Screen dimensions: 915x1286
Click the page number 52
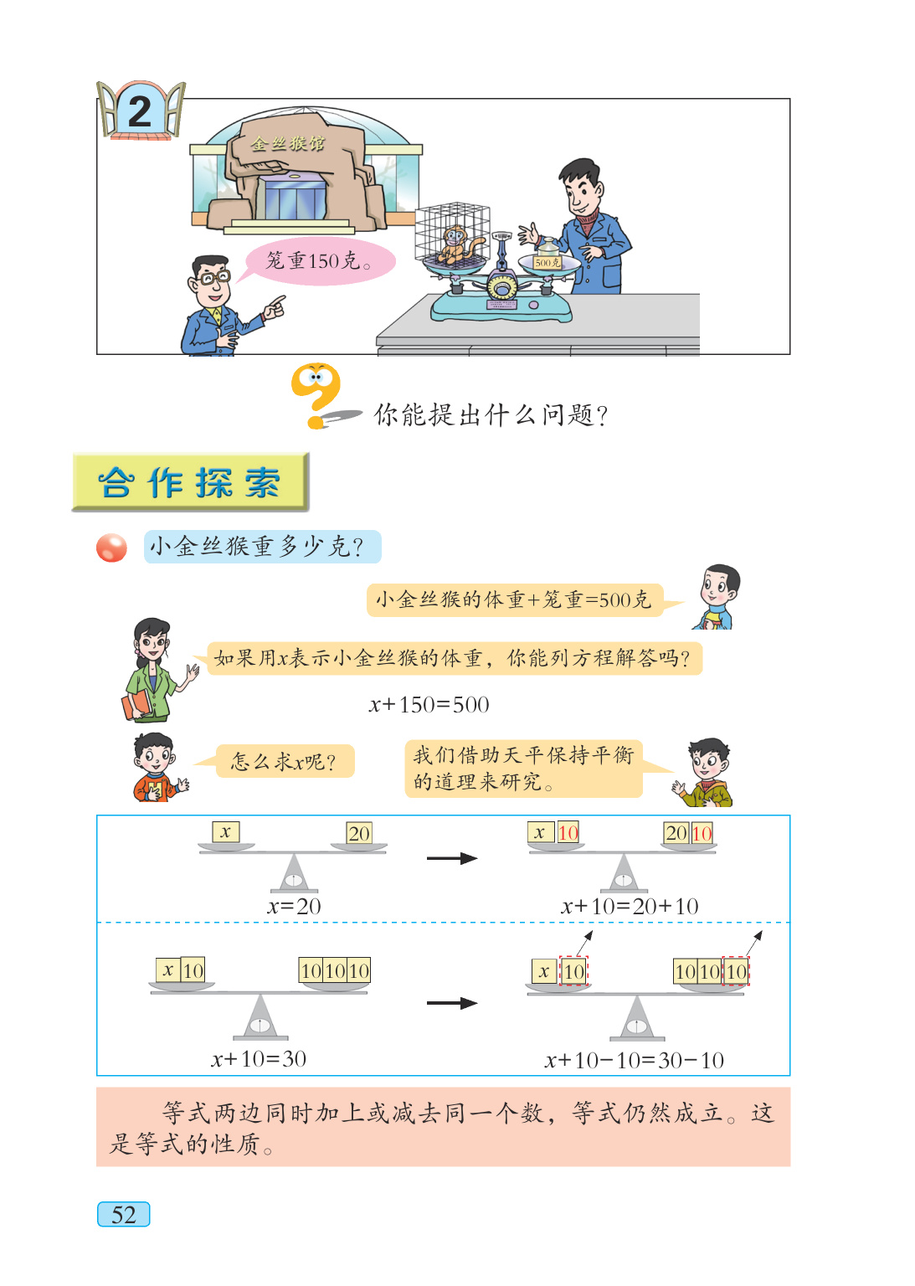124,1214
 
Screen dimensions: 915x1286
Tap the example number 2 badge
140,111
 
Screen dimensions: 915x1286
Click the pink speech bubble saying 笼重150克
318,261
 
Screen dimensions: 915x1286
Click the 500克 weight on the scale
547,261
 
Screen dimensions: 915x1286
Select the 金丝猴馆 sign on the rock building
288,144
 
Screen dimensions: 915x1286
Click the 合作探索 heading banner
190,482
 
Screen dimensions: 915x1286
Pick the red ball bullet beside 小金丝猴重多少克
111,548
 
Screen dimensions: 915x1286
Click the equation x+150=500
429,705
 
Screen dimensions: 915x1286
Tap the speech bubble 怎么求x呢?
285,762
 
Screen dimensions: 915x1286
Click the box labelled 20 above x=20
359,833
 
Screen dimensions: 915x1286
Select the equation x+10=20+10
630,906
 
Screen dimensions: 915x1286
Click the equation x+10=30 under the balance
259,1059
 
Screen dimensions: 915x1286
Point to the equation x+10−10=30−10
634,1061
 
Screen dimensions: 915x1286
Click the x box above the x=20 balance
225,832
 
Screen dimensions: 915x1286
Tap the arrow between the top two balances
451,858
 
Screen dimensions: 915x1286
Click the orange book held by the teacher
136,704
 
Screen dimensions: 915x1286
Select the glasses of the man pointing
213,277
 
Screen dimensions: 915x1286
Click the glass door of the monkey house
292,200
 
